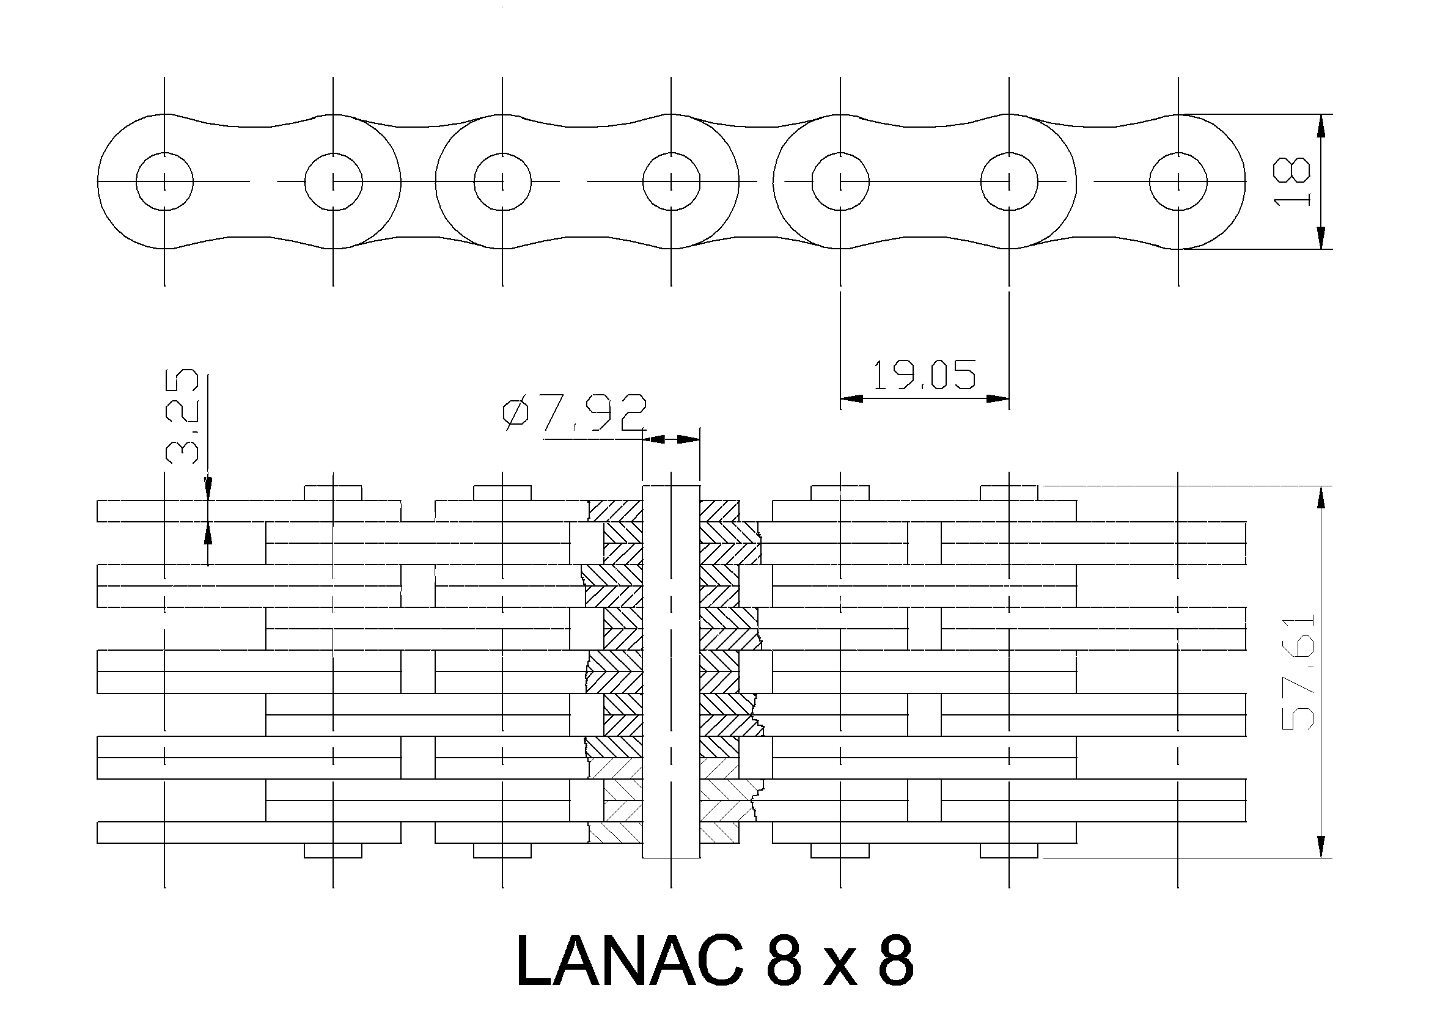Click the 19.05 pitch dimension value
(x=924, y=375)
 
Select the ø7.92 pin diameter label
(x=575, y=412)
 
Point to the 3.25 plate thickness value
(x=182, y=416)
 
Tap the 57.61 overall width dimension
(x=1298, y=672)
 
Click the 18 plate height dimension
(x=1291, y=181)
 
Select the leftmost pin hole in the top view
(x=164, y=181)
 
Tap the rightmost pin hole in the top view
(x=1178, y=181)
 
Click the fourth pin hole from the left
(x=671, y=181)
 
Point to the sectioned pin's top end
(x=671, y=485)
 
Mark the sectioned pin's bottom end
(x=671, y=857)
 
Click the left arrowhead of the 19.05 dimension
(x=851, y=399)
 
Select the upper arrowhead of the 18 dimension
(x=1321, y=126)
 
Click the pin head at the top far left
(x=333, y=493)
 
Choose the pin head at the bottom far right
(x=1009, y=850)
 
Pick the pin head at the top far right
(x=1009, y=493)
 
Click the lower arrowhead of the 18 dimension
(x=1321, y=237)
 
